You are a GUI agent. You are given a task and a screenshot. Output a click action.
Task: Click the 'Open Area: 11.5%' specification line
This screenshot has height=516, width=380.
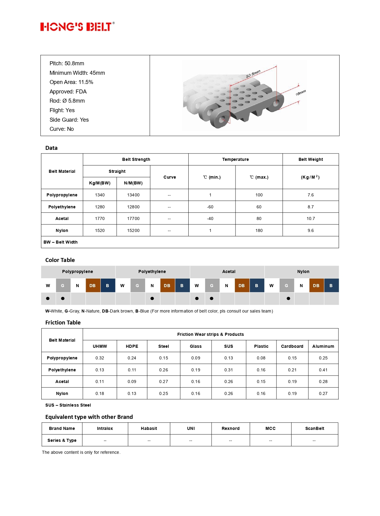click(x=71, y=82)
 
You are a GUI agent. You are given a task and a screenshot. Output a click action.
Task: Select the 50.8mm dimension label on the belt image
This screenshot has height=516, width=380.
click(x=253, y=74)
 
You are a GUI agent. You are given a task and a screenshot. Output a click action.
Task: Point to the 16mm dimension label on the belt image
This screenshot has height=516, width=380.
click(x=300, y=93)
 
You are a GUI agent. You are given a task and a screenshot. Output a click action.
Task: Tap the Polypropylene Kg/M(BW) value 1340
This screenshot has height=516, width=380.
click(x=100, y=195)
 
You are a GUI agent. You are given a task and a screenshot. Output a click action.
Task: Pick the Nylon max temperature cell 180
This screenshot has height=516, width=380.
click(x=259, y=230)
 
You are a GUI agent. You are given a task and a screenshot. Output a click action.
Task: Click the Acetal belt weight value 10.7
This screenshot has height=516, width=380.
click(x=310, y=218)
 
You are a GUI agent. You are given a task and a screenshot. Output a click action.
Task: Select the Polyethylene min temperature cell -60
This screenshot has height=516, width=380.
click(x=210, y=207)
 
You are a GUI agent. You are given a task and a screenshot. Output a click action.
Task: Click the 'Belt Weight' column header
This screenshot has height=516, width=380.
click(x=310, y=159)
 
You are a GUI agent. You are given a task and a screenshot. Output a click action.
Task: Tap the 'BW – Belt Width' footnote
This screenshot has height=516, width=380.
click(x=61, y=242)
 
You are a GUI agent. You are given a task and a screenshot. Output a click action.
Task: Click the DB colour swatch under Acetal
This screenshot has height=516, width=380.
click(x=242, y=286)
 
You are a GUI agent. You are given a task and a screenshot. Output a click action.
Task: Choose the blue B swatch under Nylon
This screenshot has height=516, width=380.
click(x=331, y=286)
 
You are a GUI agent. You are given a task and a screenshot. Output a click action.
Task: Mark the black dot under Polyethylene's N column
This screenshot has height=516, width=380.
click(x=152, y=298)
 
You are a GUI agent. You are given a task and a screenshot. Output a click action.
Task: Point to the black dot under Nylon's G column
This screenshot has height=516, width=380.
click(x=288, y=298)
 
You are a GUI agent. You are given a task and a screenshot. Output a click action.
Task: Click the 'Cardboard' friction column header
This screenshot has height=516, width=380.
click(x=292, y=346)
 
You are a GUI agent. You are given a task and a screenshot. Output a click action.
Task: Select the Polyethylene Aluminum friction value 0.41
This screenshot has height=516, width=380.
click(x=323, y=370)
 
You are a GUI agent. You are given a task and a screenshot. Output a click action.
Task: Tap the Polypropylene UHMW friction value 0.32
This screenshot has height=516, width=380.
click(x=100, y=358)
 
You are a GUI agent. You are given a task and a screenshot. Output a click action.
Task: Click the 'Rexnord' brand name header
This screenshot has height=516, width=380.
click(x=231, y=428)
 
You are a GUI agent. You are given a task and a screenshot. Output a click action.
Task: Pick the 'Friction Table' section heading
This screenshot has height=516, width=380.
click(x=63, y=323)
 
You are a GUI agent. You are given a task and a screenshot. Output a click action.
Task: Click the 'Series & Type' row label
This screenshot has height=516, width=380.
click(x=62, y=440)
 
